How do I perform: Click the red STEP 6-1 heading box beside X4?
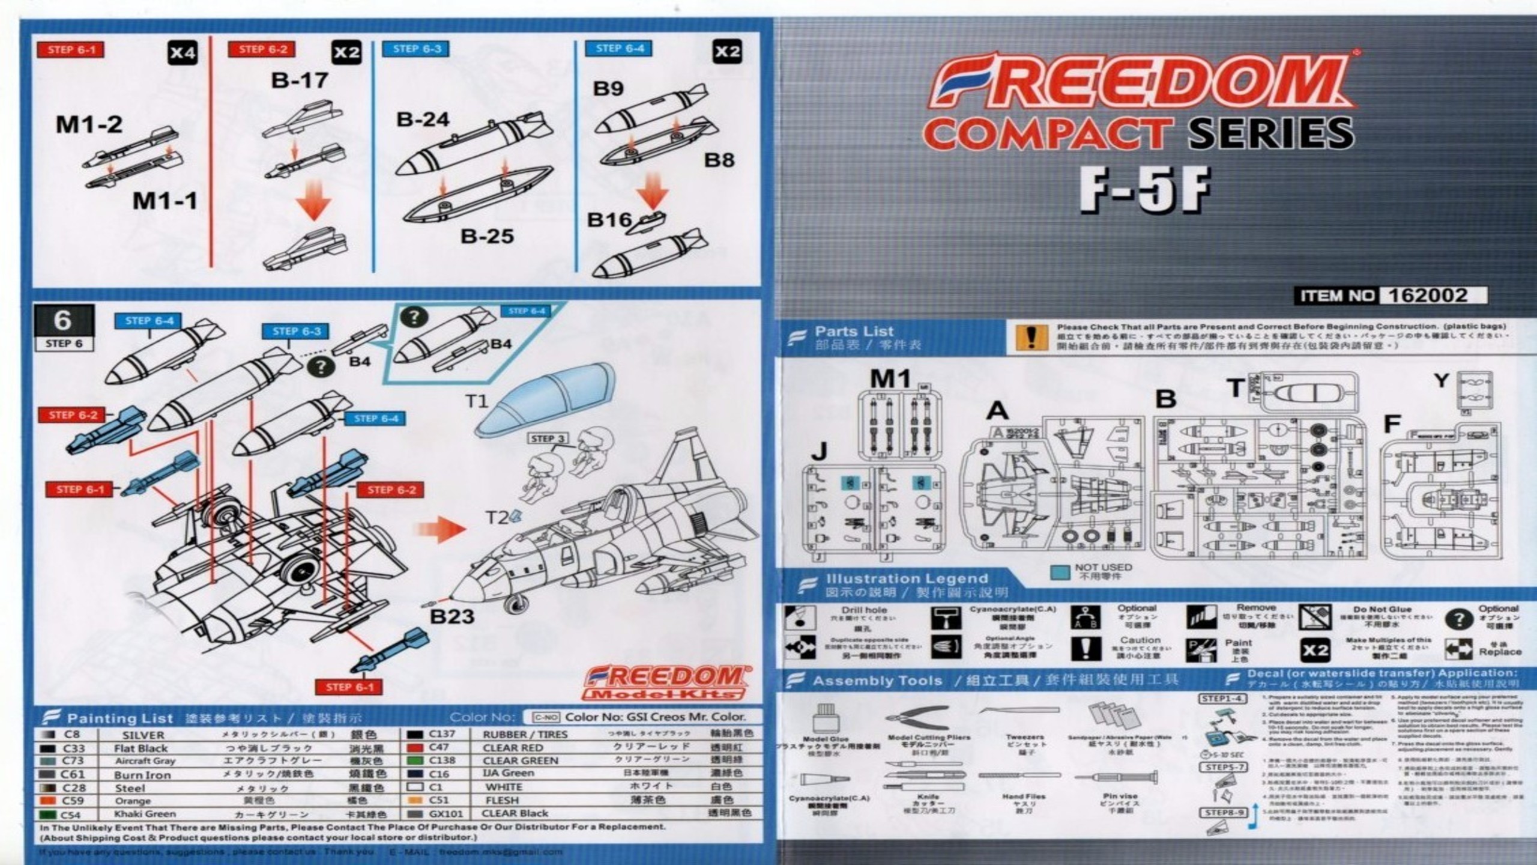pos(71,50)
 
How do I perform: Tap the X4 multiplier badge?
pos(182,53)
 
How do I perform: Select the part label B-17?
pos(300,80)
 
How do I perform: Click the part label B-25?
pos(487,236)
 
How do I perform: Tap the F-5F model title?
pos(1144,190)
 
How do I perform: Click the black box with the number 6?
pos(64,321)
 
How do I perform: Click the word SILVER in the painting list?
pos(143,735)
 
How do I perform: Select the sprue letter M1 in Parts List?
pos(890,379)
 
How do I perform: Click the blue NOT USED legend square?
pos(1060,572)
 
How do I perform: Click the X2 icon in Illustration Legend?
pos(1314,651)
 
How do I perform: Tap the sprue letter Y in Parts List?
pos(1440,381)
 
